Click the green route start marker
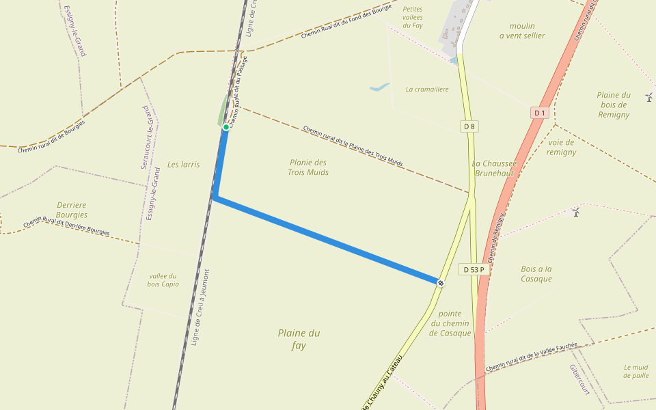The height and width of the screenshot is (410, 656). tap(225, 127)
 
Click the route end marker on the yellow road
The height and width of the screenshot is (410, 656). tap(441, 283)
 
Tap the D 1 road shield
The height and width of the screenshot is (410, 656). tap(539, 112)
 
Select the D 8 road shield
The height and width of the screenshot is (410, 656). tap(469, 126)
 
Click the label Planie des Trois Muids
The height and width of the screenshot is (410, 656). tap(308, 167)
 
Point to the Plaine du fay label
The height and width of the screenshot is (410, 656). tap(299, 339)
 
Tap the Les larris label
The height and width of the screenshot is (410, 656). tap(184, 165)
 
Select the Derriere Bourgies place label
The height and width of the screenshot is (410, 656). tap(72, 210)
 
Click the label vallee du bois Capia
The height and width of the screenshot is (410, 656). tap(163, 280)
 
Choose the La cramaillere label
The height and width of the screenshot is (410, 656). tap(427, 89)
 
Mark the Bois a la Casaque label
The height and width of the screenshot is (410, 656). tap(536, 274)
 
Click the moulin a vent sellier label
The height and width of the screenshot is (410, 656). tap(522, 31)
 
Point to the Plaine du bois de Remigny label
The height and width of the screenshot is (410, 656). tap(613, 105)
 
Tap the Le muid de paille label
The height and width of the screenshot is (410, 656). tap(636, 371)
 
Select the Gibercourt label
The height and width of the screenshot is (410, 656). tap(579, 379)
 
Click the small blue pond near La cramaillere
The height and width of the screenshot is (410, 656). tap(379, 87)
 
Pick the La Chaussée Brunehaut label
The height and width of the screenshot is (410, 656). tap(493, 168)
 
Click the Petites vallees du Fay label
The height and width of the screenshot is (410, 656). tap(413, 17)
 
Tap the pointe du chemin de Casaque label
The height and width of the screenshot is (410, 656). tap(450, 323)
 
